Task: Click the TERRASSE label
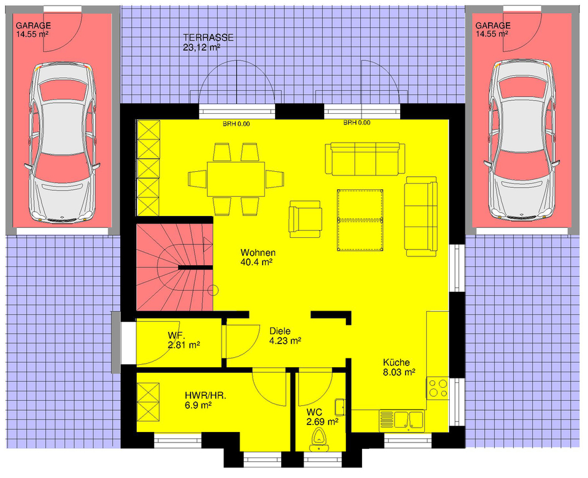(208, 37)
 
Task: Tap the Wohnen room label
(258, 253)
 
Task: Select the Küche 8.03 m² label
(399, 367)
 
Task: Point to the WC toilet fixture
(319, 440)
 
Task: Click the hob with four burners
(437, 388)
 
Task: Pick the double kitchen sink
(402, 420)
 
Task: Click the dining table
(236, 179)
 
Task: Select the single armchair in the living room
(306, 219)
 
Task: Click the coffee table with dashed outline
(360, 220)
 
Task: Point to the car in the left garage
(62, 143)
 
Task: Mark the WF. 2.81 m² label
(184, 340)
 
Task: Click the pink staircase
(174, 268)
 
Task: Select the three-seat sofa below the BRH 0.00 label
(365, 159)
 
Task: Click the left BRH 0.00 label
(236, 124)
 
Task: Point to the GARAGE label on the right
(493, 26)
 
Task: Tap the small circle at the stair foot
(213, 291)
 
